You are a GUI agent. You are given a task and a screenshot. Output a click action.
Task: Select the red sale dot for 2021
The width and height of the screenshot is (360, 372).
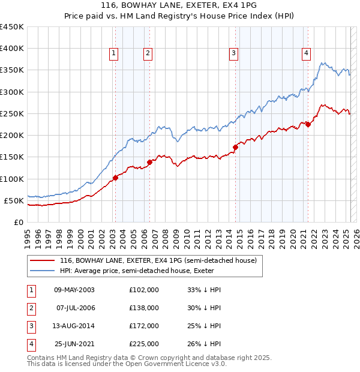point(308,124)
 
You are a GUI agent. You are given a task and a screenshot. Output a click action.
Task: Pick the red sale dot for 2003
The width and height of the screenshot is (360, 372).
point(115,178)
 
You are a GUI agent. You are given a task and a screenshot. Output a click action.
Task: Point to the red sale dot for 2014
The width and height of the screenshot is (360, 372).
point(235,147)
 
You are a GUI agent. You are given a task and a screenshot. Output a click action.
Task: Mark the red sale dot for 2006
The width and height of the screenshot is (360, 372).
point(149,162)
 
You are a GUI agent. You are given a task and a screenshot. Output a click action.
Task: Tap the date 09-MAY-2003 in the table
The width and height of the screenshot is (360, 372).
point(74,289)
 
